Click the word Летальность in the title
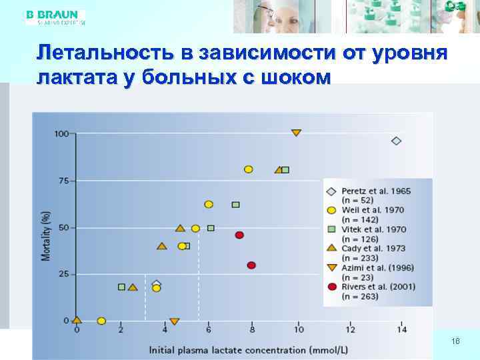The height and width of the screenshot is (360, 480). point(100,53)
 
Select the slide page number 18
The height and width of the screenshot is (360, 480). point(455,341)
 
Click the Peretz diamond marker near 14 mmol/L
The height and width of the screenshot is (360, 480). point(397,141)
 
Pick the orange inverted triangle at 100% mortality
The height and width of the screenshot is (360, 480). point(296,133)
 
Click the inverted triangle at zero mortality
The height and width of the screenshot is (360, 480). point(174,321)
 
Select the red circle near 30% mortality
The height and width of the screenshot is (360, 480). point(251,265)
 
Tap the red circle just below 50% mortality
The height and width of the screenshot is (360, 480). point(239,235)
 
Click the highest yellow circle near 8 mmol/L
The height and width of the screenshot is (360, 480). point(249,169)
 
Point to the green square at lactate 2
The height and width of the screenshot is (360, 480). point(121,287)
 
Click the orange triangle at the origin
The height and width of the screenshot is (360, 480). point(77,319)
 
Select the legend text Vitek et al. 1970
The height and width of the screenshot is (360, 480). point(373,229)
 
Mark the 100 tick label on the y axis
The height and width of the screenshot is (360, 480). point(61,134)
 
